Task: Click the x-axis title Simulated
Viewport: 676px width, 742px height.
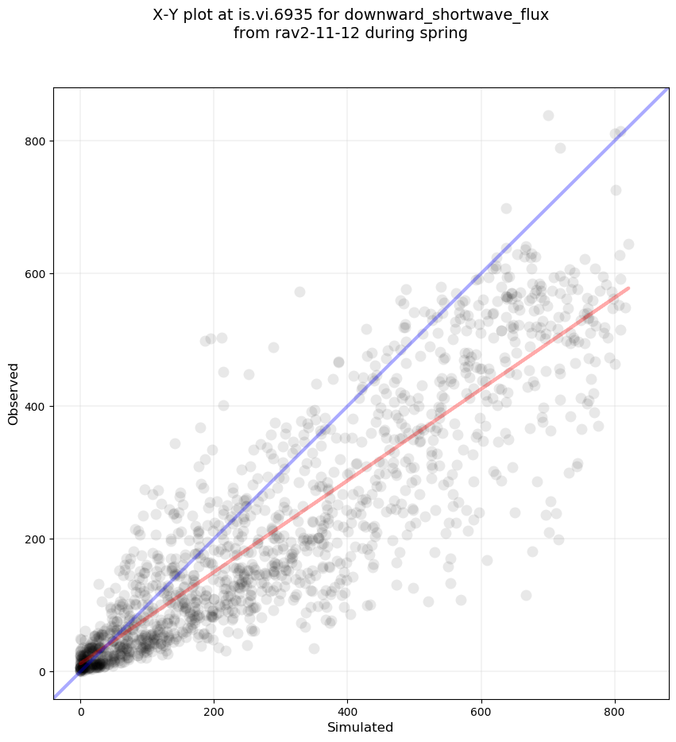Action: point(361,727)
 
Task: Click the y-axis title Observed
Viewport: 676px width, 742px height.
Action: point(14,393)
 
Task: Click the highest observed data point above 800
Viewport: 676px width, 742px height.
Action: point(548,116)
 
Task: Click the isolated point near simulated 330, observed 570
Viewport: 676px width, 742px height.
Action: point(299,292)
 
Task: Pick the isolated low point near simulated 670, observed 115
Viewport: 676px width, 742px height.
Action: point(526,595)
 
